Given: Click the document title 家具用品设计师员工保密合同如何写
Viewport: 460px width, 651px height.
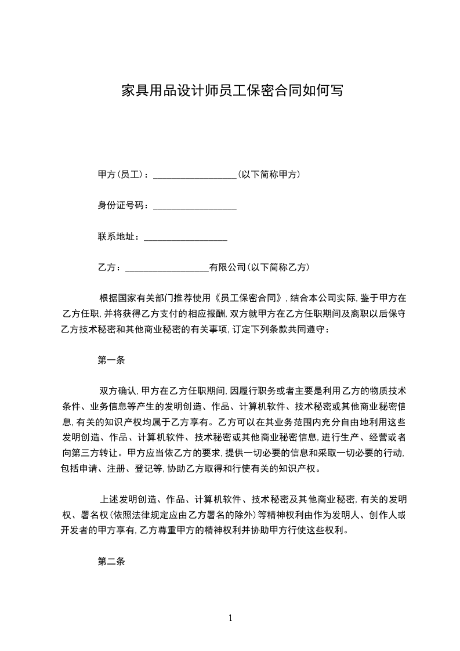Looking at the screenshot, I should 230,91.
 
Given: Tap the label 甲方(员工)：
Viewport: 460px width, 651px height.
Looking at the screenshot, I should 125,174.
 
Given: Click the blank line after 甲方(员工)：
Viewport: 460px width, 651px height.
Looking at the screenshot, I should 194,175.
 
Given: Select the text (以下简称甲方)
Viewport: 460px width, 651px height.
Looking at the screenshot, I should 269,174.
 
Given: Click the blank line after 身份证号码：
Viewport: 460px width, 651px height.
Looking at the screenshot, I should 194,207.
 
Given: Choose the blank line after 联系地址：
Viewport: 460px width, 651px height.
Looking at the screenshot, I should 185,238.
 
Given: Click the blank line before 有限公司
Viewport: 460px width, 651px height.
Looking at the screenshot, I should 167,269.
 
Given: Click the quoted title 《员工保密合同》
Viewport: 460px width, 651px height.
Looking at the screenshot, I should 249,299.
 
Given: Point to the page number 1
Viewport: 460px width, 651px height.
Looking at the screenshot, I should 230,617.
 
